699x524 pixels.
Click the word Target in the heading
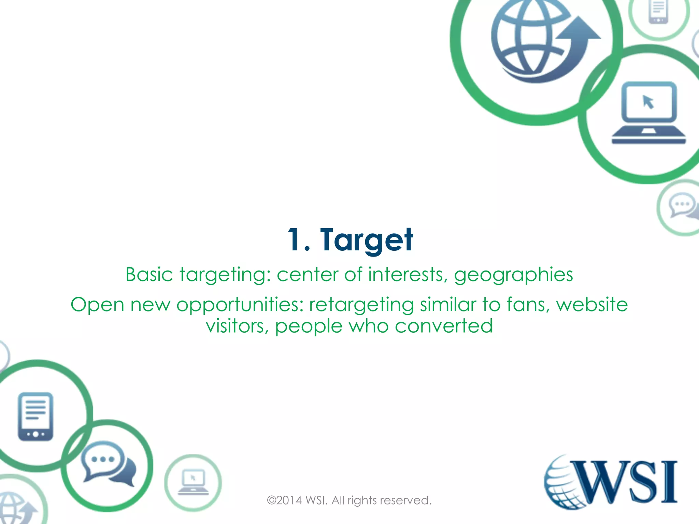[x=367, y=240]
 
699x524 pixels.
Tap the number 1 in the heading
[x=294, y=240]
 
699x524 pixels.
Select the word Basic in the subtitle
[x=149, y=275]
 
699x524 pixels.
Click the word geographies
[x=513, y=275]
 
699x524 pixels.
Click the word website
[x=592, y=304]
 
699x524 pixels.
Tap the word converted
[x=444, y=326]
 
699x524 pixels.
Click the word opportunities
[x=240, y=305]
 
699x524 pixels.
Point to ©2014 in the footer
[x=284, y=500]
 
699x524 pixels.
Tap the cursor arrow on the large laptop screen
[x=648, y=102]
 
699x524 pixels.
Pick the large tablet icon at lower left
[x=35, y=416]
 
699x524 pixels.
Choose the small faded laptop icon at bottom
[x=193, y=482]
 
